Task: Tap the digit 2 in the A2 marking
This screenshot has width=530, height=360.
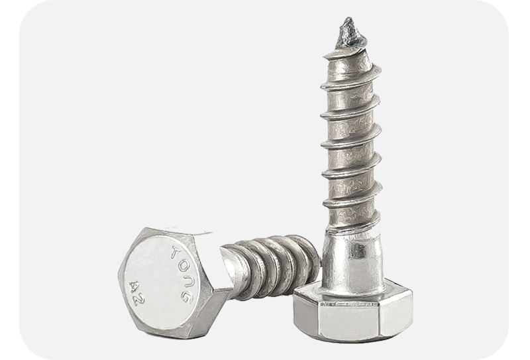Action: pyautogui.click(x=139, y=300)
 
